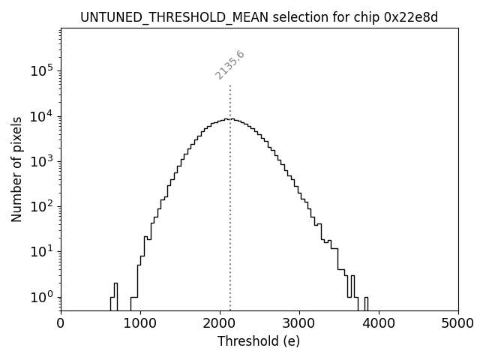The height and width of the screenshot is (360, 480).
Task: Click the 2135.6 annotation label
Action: tap(229, 65)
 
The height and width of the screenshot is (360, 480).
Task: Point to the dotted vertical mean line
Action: tap(230, 187)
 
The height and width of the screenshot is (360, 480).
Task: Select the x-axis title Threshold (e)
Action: tap(259, 341)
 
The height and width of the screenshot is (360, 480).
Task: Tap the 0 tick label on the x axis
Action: tap(61, 323)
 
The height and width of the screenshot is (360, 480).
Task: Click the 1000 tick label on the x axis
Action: tap(140, 323)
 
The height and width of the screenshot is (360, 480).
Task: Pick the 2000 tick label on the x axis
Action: tap(220, 323)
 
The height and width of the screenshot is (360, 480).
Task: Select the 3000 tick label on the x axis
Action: tap(299, 323)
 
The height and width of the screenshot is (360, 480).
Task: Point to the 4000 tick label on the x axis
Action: tap(379, 323)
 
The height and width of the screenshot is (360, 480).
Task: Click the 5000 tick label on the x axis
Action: tap(457, 323)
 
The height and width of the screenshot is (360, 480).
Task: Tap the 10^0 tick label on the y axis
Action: tap(42, 297)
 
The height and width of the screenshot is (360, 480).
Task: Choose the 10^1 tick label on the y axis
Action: tap(42, 252)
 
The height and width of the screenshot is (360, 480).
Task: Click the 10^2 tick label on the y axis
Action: tap(42, 207)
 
